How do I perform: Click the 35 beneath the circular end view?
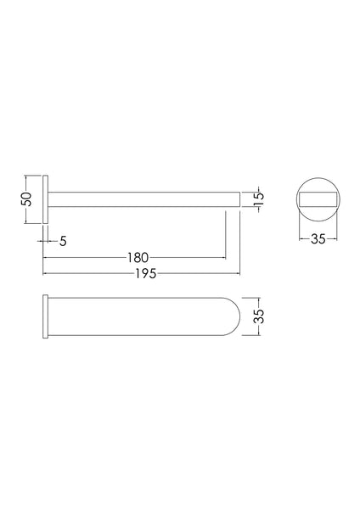(318, 240)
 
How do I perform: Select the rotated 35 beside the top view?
(260, 317)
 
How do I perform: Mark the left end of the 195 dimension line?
(43, 273)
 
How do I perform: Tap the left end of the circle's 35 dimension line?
(298, 240)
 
